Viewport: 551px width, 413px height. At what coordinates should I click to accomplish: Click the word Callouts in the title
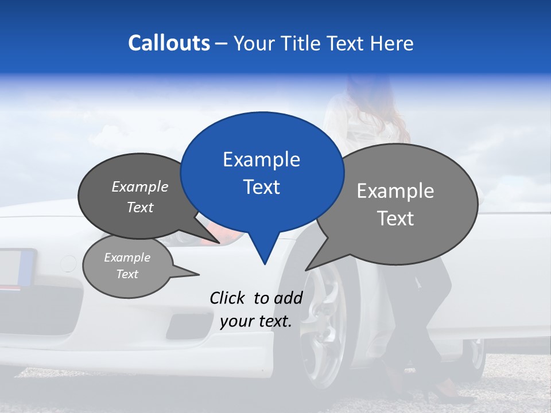169,43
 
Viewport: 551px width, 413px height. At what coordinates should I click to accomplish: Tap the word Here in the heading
391,43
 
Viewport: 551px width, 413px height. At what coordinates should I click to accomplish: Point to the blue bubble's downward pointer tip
264,264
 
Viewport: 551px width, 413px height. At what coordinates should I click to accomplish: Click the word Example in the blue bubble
261,159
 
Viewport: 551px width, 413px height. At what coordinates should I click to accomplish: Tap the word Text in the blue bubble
262,187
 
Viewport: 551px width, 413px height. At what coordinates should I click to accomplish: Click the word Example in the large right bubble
395,191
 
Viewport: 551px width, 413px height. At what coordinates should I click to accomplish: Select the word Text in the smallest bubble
127,274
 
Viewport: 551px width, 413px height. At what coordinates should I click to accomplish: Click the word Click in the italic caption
228,298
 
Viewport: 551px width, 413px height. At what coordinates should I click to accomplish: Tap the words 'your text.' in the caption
256,322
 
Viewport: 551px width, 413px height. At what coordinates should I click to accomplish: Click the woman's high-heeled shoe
436,393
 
